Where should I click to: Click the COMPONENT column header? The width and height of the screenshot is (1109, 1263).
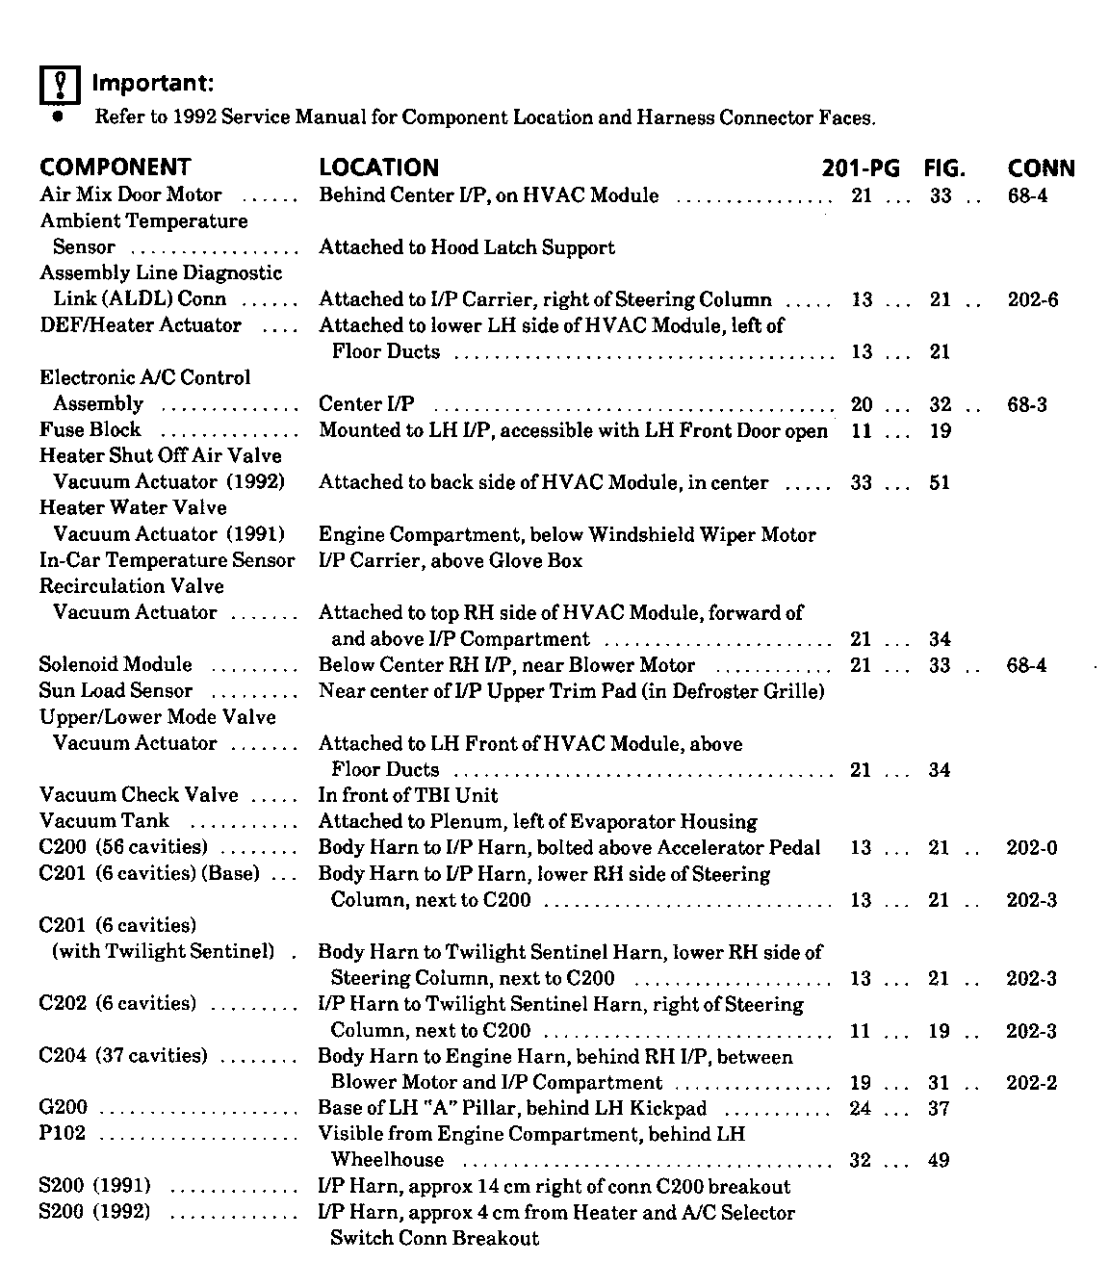pyautogui.click(x=115, y=168)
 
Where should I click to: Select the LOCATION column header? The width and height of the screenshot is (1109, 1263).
pyautogui.click(x=378, y=168)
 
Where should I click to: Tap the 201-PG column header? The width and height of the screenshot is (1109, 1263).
pyautogui.click(x=861, y=168)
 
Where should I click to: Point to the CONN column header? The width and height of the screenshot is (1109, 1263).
pyautogui.click(x=1041, y=168)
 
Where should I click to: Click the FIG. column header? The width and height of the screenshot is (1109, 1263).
pyautogui.click(x=943, y=168)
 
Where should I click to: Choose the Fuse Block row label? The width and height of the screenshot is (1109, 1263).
pyautogui.click(x=90, y=430)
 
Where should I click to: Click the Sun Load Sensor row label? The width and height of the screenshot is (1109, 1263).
pyautogui.click(x=116, y=691)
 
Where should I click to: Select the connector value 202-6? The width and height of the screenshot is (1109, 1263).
pyautogui.click(x=1032, y=299)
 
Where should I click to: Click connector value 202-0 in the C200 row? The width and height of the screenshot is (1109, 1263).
pyautogui.click(x=1032, y=848)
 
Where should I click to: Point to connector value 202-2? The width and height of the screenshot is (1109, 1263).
pyautogui.click(x=1032, y=1083)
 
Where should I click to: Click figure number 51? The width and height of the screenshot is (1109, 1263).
pyautogui.click(x=940, y=482)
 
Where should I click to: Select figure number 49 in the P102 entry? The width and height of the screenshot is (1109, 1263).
pyautogui.click(x=939, y=1161)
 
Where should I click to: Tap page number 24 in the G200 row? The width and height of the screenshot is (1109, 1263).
pyautogui.click(x=861, y=1109)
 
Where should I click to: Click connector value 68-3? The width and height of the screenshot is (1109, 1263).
pyautogui.click(x=1027, y=404)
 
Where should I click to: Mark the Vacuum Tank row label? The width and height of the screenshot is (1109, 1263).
pyautogui.click(x=104, y=821)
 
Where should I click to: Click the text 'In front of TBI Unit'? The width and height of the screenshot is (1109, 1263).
pyautogui.click(x=408, y=795)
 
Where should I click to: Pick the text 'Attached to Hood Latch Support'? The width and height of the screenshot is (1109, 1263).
pyautogui.click(x=467, y=247)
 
